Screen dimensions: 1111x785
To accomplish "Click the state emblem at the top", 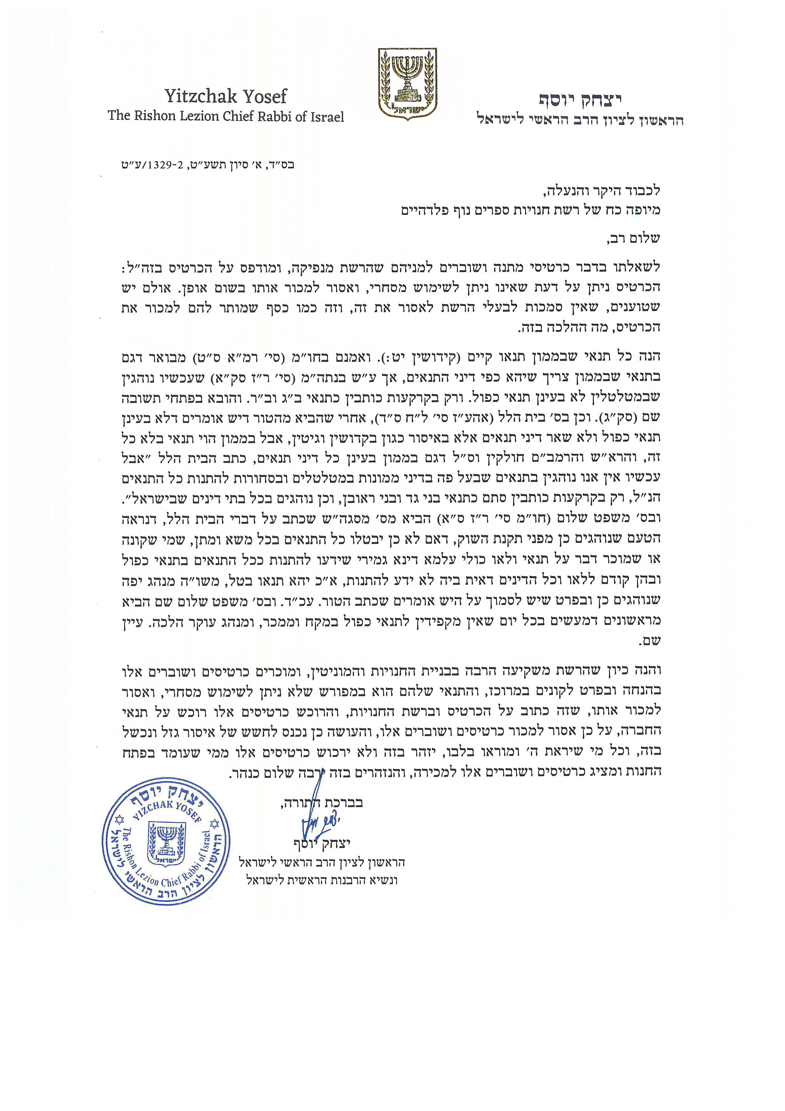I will pyautogui.click(x=407, y=84).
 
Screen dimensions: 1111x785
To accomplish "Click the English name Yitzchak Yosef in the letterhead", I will pyautogui.click(x=225, y=96).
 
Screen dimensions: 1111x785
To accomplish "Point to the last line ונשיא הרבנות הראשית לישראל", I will pyautogui.click(x=322, y=880).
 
